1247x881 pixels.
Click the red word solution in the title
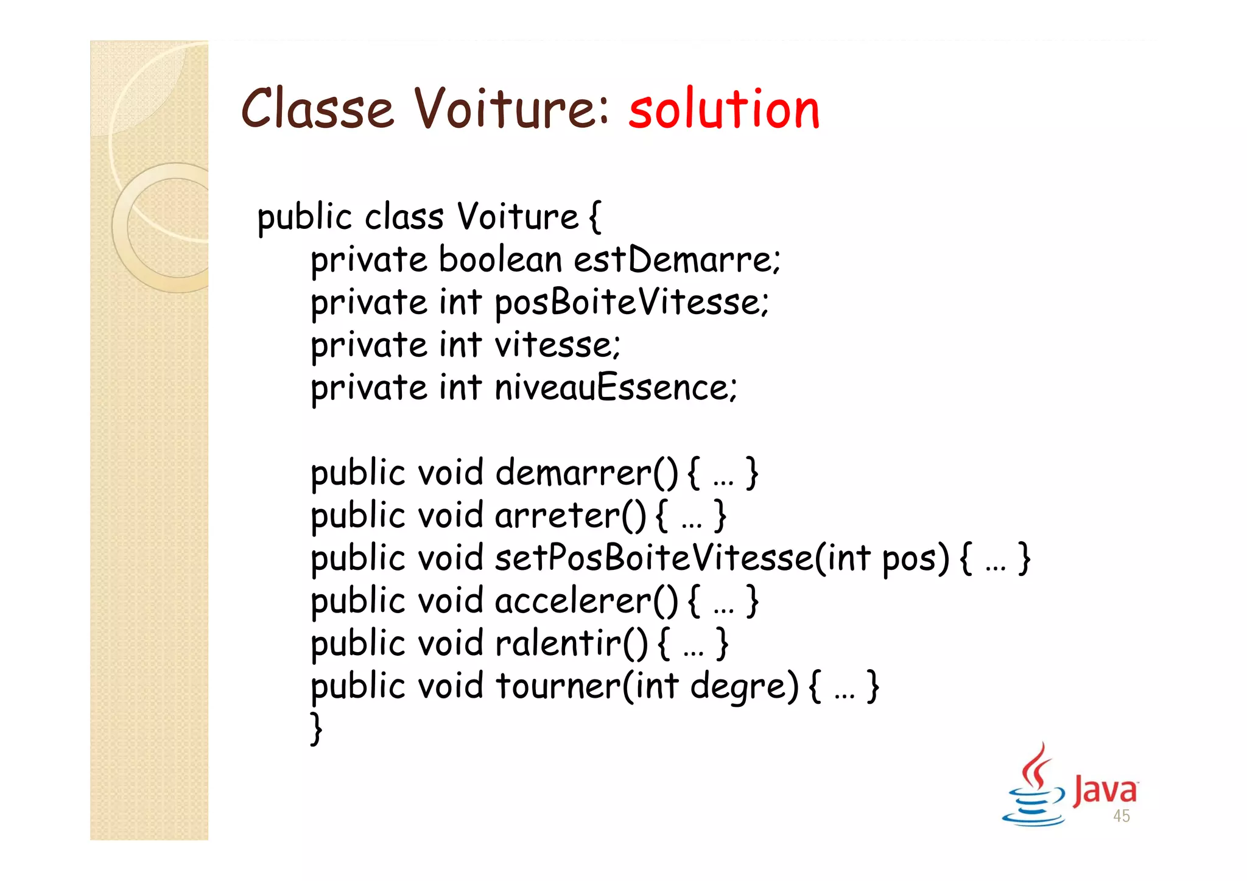[x=724, y=110]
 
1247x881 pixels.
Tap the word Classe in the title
[x=317, y=110]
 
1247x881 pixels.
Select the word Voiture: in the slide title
[x=512, y=110]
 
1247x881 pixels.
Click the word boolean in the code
[x=500, y=260]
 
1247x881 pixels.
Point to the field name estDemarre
[x=676, y=260]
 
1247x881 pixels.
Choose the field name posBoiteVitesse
[x=631, y=303]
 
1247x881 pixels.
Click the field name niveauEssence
[x=616, y=388]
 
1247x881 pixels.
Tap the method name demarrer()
[x=586, y=473]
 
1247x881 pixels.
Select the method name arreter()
[x=571, y=516]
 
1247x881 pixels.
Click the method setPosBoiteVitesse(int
[x=683, y=558]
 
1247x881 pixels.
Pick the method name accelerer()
[x=586, y=601]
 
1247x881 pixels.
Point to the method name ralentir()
[x=572, y=644]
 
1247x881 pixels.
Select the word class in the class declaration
[x=404, y=217]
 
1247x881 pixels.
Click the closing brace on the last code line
[x=316, y=729]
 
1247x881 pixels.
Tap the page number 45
[x=1122, y=816]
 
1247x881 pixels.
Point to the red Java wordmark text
[x=1105, y=790]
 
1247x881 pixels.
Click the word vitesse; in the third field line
[x=557, y=345]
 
